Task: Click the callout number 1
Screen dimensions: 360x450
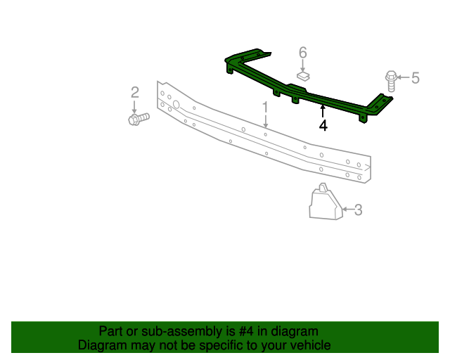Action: coord(266,108)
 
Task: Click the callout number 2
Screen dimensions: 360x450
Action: coord(134,91)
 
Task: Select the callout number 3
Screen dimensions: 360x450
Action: coord(358,209)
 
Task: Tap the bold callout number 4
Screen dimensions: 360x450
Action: coord(323,126)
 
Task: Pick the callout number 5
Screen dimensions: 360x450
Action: coord(415,77)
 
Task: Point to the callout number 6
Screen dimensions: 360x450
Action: coord(303,52)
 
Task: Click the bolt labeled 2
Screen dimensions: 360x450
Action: coord(139,119)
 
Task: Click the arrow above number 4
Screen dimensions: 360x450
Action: coord(323,110)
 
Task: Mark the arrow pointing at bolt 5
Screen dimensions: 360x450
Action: coord(403,77)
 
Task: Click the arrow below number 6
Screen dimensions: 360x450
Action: coord(303,64)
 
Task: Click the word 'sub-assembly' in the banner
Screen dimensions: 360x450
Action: coord(178,331)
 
